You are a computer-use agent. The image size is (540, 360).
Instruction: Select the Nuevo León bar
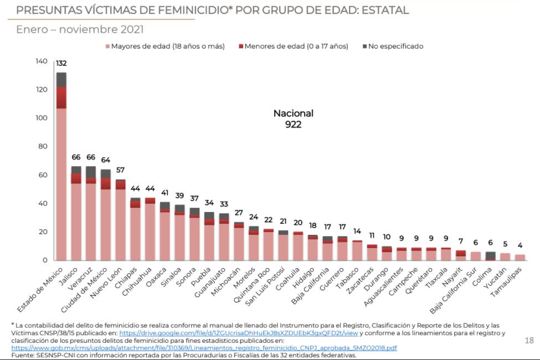120,222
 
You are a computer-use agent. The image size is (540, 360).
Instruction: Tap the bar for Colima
490,256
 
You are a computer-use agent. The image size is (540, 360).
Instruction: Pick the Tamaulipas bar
520,258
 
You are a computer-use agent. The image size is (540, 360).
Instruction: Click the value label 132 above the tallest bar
61,63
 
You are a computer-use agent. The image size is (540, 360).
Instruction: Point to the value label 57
120,170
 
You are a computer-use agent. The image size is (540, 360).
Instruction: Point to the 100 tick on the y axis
42,118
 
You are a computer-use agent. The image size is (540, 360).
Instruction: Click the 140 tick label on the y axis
42,61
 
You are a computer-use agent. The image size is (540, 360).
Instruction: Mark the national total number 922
293,125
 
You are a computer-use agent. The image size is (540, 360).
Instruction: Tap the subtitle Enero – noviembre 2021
80,29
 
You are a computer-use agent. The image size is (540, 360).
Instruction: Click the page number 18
529,341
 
